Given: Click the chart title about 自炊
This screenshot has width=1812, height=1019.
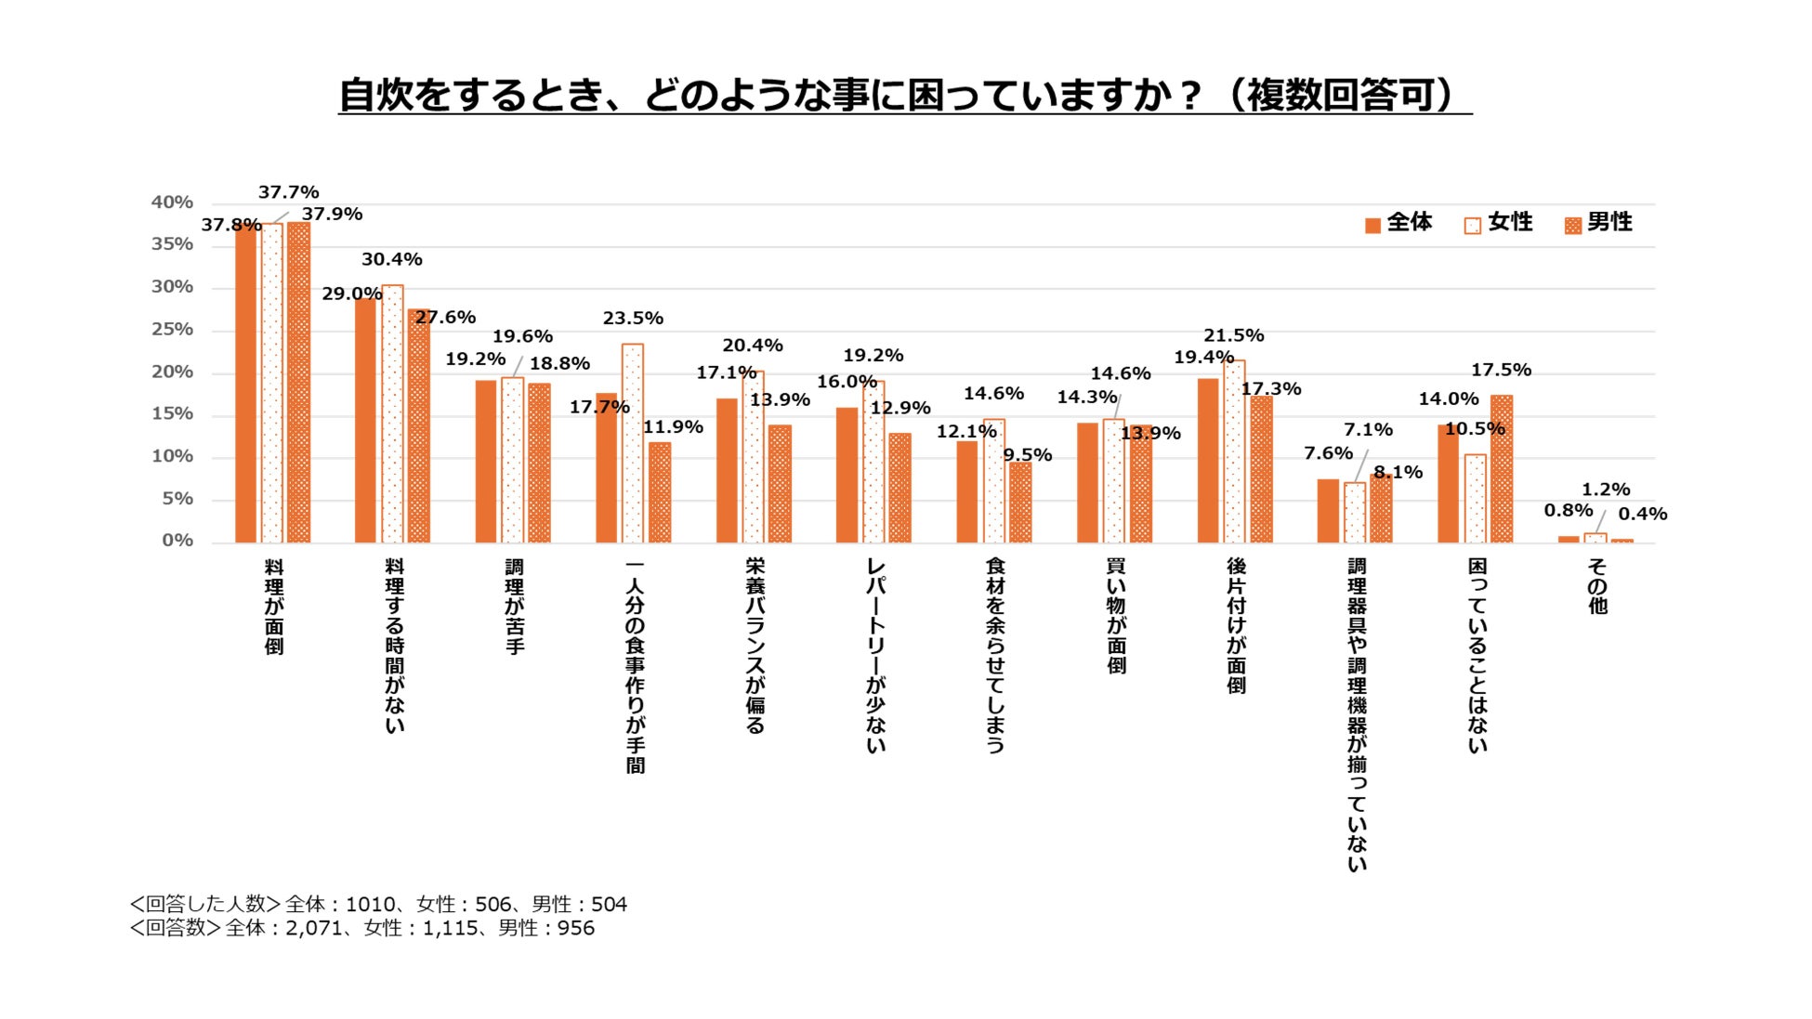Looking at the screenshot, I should (x=904, y=95).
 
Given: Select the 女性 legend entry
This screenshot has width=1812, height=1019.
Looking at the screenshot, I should (x=1497, y=223).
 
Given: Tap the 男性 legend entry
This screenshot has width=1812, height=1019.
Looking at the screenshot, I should (x=1597, y=223).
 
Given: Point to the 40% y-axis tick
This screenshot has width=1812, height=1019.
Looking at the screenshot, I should (x=172, y=202).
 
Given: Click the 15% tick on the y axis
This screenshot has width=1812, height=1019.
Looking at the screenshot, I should (x=172, y=414).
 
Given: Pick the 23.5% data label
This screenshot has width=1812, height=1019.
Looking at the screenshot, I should (x=633, y=319).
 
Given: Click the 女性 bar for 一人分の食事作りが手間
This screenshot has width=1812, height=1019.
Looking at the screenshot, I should (x=633, y=444).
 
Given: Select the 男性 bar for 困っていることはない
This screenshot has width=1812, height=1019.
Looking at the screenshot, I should (x=1501, y=469).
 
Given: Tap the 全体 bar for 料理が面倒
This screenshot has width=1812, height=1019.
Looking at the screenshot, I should (x=245, y=383).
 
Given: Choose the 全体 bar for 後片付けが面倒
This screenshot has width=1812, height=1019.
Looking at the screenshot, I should (x=1207, y=461).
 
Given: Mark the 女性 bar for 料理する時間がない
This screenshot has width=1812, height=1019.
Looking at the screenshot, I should (x=392, y=414).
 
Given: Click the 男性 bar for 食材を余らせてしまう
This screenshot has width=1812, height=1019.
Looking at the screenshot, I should (x=1020, y=503).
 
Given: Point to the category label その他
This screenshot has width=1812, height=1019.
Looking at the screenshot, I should (x=1596, y=586).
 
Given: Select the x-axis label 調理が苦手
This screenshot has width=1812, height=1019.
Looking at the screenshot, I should (x=514, y=607).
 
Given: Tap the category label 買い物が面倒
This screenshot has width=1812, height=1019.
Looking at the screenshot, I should (x=1116, y=616).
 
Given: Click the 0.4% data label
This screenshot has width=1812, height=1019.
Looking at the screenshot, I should (x=1642, y=515).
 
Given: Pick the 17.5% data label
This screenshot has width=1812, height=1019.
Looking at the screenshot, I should (x=1501, y=370).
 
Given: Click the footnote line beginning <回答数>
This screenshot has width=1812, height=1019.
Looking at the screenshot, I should (x=362, y=928).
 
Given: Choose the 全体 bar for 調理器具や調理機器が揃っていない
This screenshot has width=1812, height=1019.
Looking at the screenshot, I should (x=1328, y=511).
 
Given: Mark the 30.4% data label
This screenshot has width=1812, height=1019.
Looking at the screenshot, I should (x=392, y=260).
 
